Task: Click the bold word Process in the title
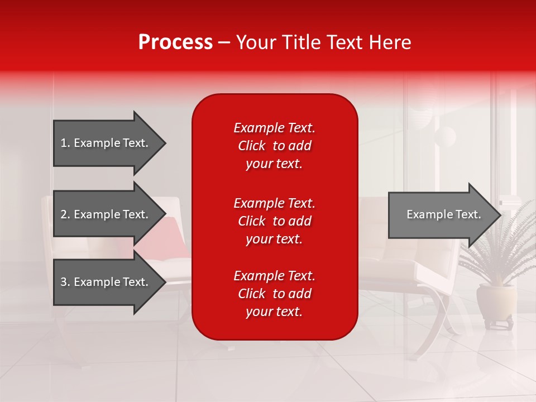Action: click(x=175, y=42)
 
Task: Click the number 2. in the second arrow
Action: click(x=65, y=214)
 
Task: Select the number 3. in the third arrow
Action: click(x=65, y=282)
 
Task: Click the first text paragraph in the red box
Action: click(x=274, y=146)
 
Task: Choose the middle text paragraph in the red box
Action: click(x=274, y=221)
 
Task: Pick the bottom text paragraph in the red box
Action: click(x=274, y=294)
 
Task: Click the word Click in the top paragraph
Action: click(x=251, y=146)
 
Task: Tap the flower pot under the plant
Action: click(x=496, y=302)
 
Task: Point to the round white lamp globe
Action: click(x=445, y=136)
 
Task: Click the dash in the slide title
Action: click(x=224, y=43)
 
